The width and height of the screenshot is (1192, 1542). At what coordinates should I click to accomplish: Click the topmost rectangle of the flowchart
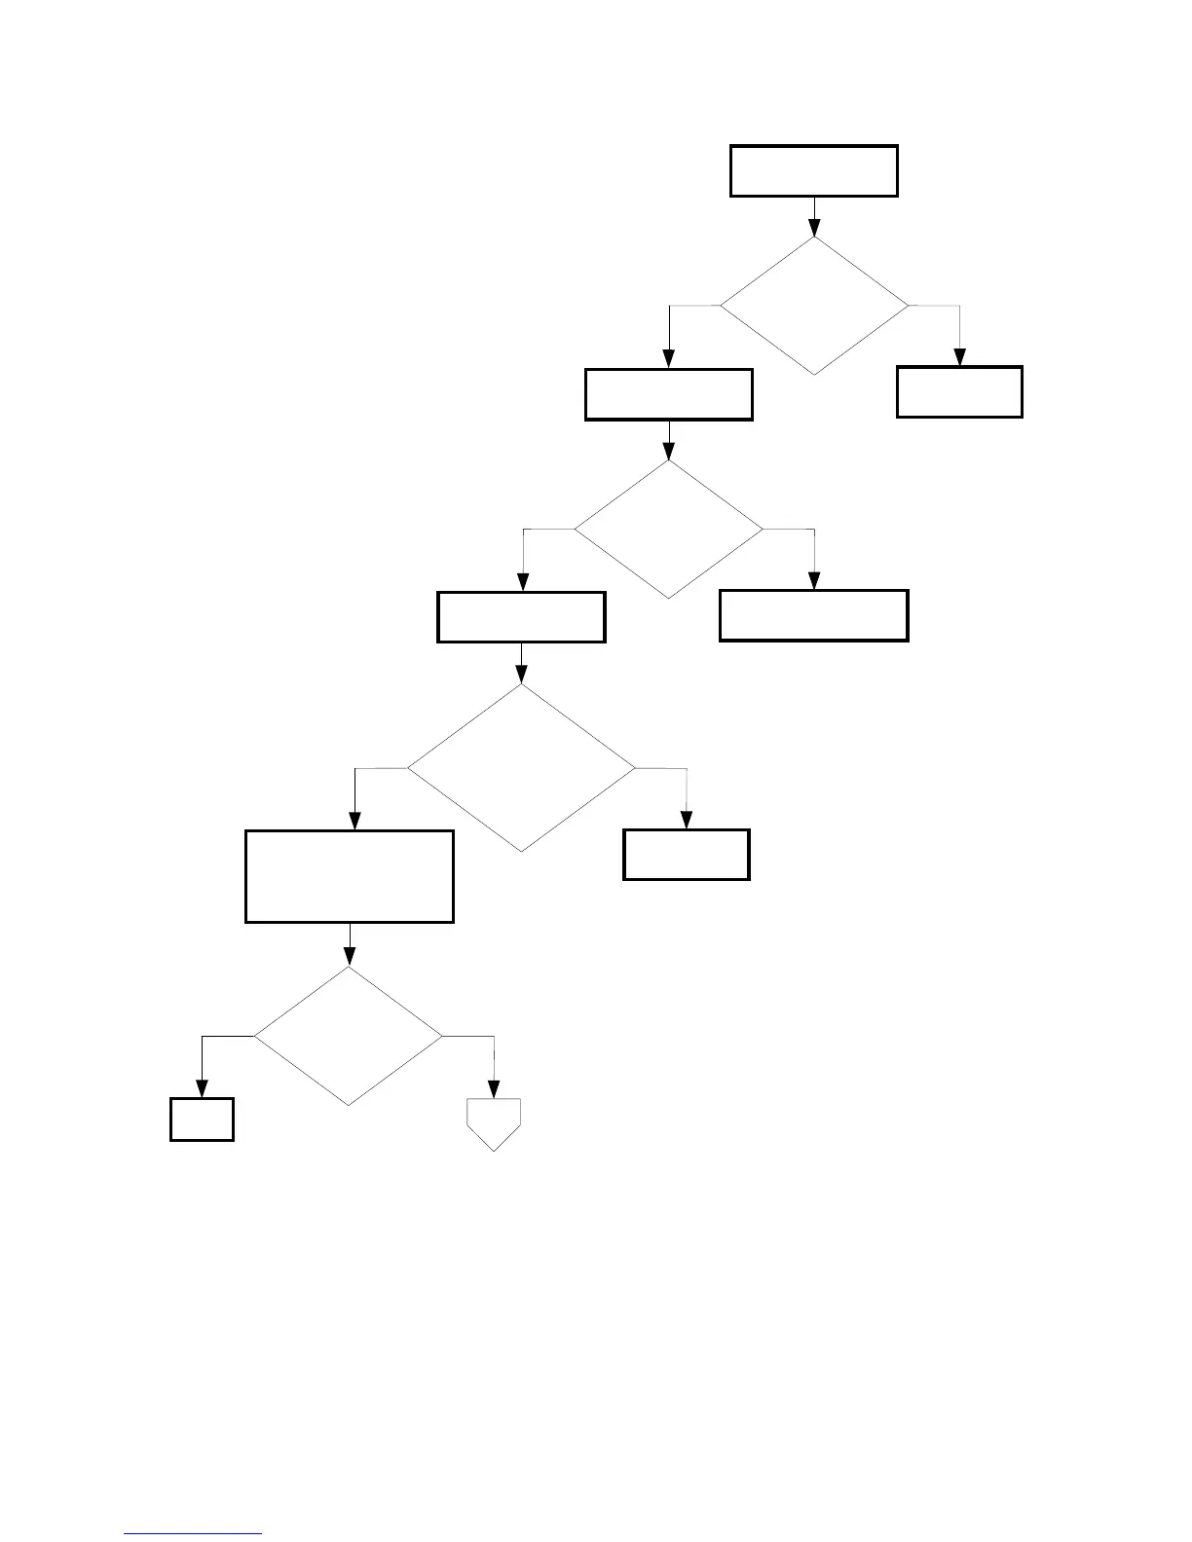[x=813, y=171]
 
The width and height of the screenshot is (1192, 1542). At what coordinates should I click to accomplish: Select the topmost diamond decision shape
[x=813, y=306]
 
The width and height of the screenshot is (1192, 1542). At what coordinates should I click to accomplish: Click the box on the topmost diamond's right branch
[x=959, y=392]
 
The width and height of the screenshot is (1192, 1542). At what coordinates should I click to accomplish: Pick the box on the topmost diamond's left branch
[x=668, y=394]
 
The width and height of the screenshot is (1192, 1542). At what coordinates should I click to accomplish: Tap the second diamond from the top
[x=668, y=529]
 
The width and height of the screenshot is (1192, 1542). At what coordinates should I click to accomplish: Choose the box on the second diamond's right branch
[x=813, y=615]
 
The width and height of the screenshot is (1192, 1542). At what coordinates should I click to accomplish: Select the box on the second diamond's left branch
[x=521, y=617]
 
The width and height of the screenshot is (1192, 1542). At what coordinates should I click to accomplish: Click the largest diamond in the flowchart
[x=521, y=768]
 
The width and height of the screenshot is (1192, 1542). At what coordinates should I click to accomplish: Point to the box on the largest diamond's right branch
[x=686, y=855]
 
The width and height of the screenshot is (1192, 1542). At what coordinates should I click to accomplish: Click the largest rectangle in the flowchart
[x=349, y=876]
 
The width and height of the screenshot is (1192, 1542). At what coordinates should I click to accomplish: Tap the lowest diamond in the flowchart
[x=349, y=1036]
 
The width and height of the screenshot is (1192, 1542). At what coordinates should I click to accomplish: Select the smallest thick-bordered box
[x=202, y=1120]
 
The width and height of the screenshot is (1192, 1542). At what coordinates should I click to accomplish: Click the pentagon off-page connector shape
[x=494, y=1122]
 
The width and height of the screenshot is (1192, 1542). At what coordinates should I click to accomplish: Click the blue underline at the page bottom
[x=194, y=1534]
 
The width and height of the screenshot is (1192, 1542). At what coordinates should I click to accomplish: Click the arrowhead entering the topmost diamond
[x=813, y=228]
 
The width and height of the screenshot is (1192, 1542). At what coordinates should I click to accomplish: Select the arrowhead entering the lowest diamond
[x=349, y=958]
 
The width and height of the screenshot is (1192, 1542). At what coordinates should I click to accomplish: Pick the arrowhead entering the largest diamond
[x=521, y=675]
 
